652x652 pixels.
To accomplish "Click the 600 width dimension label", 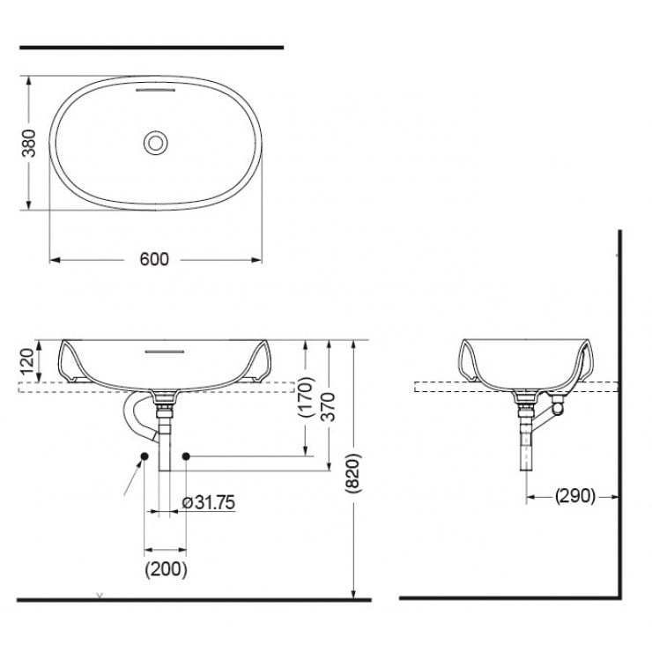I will pyautogui.click(x=154, y=259).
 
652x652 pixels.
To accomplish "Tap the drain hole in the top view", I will pyautogui.click(x=156, y=142).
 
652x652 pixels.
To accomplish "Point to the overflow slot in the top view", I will pyautogui.click(x=156, y=90).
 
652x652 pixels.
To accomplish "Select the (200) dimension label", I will pyautogui.click(x=166, y=569).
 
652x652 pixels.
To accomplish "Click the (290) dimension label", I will pyautogui.click(x=575, y=496).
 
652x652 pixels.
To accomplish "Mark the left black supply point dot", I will pyautogui.click(x=143, y=456).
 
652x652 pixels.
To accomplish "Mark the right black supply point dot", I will pyautogui.click(x=186, y=456).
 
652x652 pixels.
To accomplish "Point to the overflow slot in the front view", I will pyautogui.click(x=164, y=349).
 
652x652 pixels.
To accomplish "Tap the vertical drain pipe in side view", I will pyautogui.click(x=526, y=441).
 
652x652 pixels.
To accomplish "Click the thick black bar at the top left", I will pyautogui.click(x=151, y=47).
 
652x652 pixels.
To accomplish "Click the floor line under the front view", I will pyautogui.click(x=194, y=600).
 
